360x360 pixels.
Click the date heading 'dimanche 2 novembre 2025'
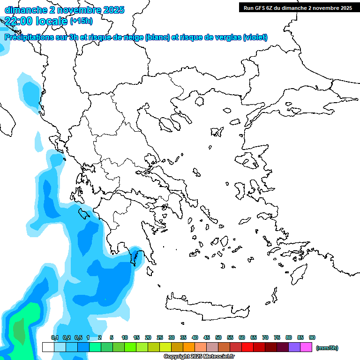pos(64,10)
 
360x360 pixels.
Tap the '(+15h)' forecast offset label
pos(81,21)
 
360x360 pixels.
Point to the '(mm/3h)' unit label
pos(327,348)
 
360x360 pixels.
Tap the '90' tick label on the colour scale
pos(312,337)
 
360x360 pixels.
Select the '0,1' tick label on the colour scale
pos(54,337)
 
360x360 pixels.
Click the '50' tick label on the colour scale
pos(218,337)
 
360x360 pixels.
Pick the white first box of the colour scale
pos(48,347)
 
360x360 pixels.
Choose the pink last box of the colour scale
pos(306,347)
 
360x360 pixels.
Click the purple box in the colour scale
pos(294,347)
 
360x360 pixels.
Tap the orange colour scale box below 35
pos(189,347)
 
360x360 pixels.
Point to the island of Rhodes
pos(299,273)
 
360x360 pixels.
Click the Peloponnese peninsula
pos(134,234)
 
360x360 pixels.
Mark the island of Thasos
pos(199,101)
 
